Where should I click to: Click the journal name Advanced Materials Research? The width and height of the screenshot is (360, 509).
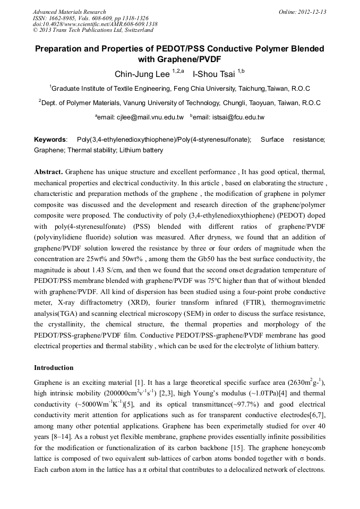tap(69, 12)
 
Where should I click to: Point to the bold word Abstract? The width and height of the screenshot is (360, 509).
tap(48, 172)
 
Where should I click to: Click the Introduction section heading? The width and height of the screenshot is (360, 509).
tap(54, 367)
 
